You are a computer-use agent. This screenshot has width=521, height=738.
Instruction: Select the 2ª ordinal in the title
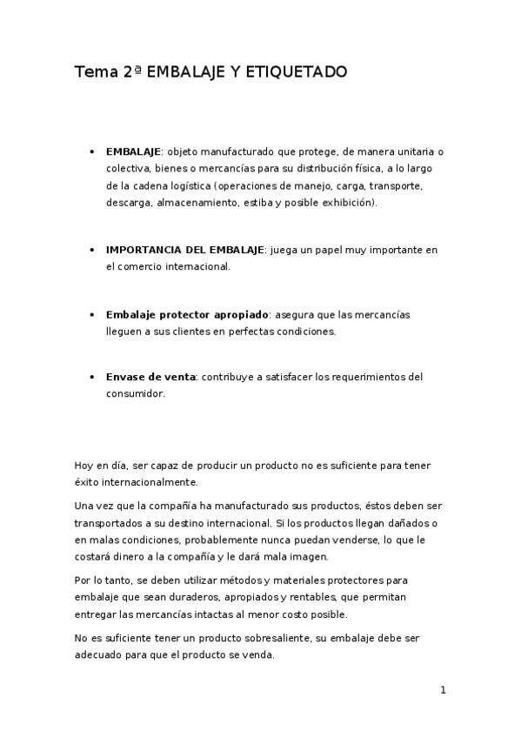click(133, 72)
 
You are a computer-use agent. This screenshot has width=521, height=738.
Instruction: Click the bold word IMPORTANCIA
click(141, 250)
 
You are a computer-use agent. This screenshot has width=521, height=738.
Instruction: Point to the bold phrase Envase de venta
click(151, 377)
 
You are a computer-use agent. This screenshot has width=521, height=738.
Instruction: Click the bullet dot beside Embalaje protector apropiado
click(93, 314)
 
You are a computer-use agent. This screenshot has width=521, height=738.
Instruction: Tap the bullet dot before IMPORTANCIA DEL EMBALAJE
click(93, 250)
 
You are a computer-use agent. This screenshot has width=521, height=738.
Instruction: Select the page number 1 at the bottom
click(443, 691)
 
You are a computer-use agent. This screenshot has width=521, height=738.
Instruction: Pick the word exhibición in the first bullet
click(347, 202)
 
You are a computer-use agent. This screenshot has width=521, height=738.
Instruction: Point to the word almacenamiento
click(197, 202)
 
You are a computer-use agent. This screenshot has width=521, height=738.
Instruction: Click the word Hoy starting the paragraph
click(84, 466)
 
